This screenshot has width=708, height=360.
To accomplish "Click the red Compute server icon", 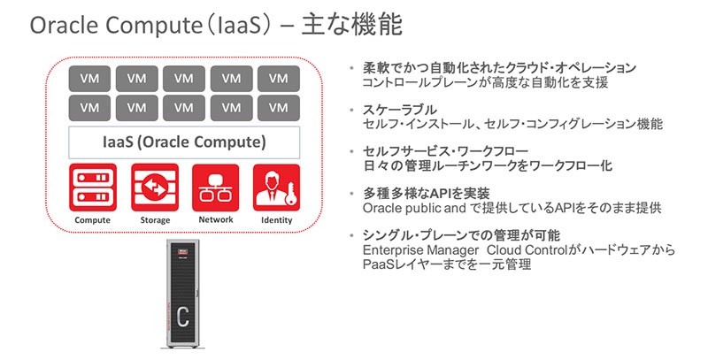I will click(x=92, y=186).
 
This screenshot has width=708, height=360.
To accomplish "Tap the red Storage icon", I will click(x=154, y=186).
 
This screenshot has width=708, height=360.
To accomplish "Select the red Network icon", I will click(x=215, y=186).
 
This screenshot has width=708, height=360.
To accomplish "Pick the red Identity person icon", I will click(x=276, y=186).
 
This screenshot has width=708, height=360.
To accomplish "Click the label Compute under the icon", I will click(x=92, y=219).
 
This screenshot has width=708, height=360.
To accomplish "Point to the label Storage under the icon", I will click(x=154, y=219).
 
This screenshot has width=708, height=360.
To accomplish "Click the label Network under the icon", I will click(x=215, y=219).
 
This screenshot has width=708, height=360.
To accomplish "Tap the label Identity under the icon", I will click(x=276, y=219).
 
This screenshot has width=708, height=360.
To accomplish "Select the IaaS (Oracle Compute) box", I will click(x=184, y=142).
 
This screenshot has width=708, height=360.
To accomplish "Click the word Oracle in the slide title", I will click(x=65, y=27).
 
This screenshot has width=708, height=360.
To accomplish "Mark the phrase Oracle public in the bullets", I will click(x=398, y=207).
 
